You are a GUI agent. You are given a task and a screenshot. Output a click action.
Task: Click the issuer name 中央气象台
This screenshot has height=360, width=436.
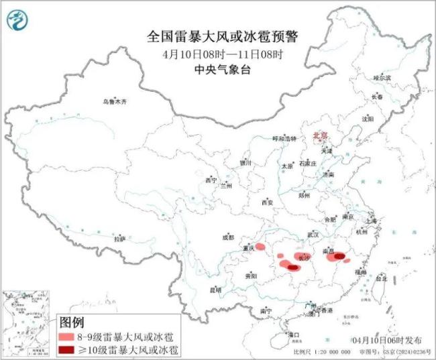(x=218, y=68)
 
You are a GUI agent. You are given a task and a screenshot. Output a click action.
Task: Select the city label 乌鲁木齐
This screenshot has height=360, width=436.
(x=115, y=102)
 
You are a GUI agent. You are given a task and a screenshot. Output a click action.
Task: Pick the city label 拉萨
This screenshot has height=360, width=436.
(x=119, y=239)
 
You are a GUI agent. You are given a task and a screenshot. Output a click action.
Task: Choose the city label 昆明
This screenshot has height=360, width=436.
(x=215, y=290)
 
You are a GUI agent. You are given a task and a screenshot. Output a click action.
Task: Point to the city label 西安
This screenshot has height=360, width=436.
(x=268, y=202)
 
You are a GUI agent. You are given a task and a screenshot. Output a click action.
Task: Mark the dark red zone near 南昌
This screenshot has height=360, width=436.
(x=340, y=255)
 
